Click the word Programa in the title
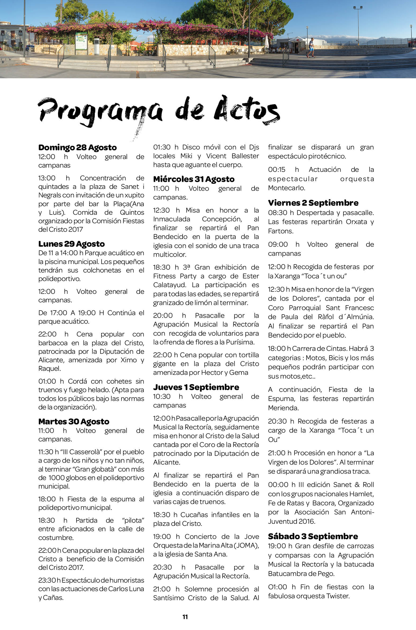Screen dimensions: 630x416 [100, 112]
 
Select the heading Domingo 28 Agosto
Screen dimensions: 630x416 [78, 148]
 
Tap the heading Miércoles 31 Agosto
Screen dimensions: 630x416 [194, 179]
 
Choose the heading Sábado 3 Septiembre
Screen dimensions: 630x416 [313, 536]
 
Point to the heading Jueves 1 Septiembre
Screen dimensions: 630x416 [196, 387]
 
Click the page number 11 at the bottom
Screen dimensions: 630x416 [185, 617]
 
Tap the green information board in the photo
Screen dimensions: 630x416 [81, 41]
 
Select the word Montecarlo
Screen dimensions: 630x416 [286, 188]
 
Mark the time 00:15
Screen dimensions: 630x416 [276, 170]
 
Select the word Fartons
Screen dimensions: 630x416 [280, 231]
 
